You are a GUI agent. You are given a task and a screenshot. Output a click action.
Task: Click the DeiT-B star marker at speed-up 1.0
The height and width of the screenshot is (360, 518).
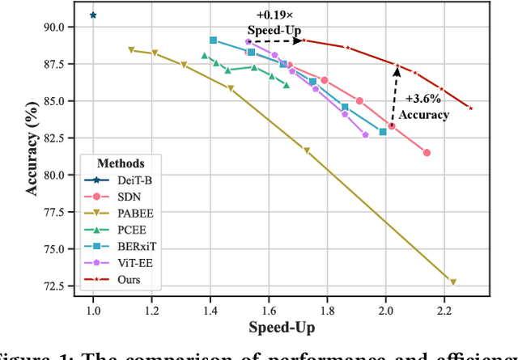point(93,15)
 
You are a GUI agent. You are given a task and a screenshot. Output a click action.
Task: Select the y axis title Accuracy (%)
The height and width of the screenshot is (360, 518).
point(28,155)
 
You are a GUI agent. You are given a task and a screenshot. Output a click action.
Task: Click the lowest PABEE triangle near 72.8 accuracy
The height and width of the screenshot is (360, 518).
point(453,282)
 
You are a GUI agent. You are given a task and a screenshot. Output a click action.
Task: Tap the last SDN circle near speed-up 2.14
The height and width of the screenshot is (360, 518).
point(427,152)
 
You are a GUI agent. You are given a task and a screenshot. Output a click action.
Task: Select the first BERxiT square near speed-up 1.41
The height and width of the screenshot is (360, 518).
point(213,40)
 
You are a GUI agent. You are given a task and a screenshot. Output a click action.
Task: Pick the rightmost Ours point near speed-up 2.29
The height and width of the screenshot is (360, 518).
point(470,108)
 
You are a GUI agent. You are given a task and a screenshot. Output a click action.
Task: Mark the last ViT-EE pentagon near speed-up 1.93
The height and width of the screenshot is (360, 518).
point(365,134)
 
